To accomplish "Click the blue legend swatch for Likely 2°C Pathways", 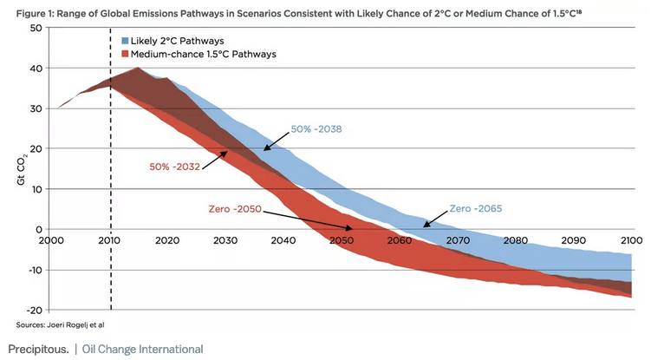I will click(x=127, y=42).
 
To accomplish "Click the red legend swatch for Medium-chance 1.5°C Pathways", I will click(x=127, y=54).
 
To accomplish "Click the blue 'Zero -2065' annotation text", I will click(x=476, y=208).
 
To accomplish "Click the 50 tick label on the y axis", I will click(x=37, y=28).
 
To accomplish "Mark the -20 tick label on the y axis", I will click(x=35, y=310).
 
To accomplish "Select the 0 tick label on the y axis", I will click(x=40, y=229).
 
